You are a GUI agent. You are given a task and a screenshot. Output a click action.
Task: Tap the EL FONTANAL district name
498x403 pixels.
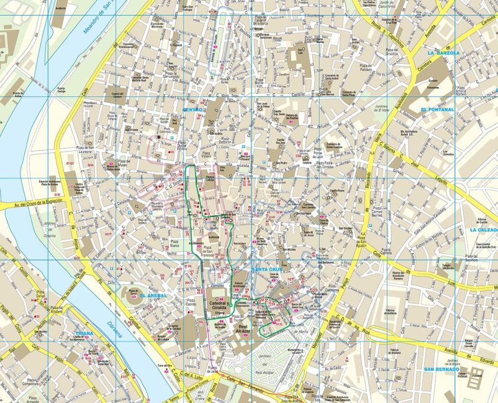[437, 109]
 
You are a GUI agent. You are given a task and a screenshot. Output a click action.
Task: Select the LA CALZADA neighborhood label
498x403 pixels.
[483, 229]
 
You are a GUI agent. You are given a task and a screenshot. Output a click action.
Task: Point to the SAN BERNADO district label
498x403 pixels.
[441, 369]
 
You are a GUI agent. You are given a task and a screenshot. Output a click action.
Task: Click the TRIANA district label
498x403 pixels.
[81, 333]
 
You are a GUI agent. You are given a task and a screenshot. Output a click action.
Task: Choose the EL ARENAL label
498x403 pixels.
[153, 295]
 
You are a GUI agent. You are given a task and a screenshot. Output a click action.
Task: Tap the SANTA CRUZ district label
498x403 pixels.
[268, 269]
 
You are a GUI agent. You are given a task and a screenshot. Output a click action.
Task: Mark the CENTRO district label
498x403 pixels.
[192, 109]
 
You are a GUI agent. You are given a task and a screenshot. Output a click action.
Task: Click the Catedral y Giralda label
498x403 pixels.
[219, 305]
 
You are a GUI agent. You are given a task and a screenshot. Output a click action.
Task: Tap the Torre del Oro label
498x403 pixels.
[164, 365]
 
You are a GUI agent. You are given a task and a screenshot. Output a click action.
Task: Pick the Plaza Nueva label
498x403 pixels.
[175, 244]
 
